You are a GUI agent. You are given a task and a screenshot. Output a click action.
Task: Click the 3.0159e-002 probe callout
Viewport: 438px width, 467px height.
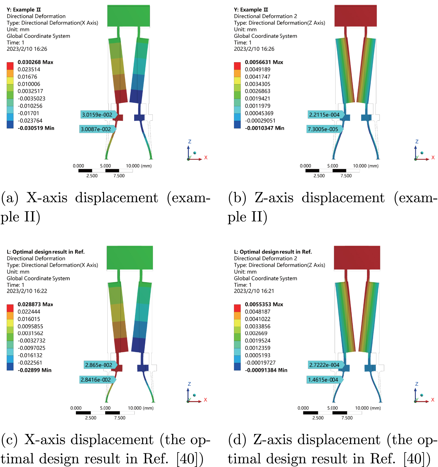tap(97, 115)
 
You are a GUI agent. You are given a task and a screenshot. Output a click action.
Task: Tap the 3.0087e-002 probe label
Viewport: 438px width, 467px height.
tap(96, 129)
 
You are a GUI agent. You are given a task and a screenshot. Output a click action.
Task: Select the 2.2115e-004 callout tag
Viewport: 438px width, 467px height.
tap(324, 115)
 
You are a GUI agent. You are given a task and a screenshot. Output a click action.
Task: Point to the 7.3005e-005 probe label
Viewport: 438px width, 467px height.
tap(323, 129)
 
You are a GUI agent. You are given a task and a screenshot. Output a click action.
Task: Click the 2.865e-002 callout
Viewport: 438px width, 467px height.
tap(99, 365)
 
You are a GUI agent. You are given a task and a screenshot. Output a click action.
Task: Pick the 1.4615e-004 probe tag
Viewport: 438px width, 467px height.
tap(323, 380)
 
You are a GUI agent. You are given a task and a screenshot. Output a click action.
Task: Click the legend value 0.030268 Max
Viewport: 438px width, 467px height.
tap(35, 62)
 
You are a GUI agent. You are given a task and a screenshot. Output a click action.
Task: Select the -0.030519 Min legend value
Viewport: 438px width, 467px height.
tap(36, 128)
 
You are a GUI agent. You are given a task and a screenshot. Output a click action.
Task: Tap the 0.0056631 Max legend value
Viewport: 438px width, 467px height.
tap(264, 62)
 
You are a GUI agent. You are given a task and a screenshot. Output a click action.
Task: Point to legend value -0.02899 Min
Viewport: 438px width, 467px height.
tap(34, 370)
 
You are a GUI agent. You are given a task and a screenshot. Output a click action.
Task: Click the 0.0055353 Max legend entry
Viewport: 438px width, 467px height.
tap(264, 304)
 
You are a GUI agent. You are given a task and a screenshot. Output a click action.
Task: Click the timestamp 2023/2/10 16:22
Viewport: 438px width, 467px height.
tap(27, 291)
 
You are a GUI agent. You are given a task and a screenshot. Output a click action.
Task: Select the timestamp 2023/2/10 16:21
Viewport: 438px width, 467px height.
tap(254, 291)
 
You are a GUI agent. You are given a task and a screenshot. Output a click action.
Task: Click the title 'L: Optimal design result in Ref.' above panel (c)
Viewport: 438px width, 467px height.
tap(46, 252)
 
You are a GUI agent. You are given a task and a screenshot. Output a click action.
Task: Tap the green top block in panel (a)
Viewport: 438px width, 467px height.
tap(128, 16)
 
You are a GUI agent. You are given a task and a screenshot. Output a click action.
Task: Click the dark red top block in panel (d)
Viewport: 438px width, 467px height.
tap(357, 258)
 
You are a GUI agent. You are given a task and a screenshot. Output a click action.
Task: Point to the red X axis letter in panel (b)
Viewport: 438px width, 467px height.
tap(433, 158)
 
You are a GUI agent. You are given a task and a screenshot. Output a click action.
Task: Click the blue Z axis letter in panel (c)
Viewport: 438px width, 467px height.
tap(189, 384)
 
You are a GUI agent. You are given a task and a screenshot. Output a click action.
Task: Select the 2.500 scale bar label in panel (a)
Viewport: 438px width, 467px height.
tap(92, 176)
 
